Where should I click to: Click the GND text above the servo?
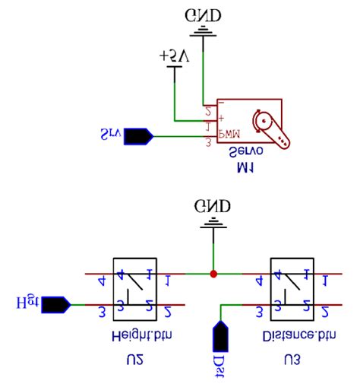pos(204,14)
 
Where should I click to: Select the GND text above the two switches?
pos(214,206)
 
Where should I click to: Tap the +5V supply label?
pos(175,56)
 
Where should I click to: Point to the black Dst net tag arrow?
pos(219,335)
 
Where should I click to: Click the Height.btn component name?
pos(134,335)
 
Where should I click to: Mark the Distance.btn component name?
pos(292,335)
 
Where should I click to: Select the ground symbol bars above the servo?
pos(204,31)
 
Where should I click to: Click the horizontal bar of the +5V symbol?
pos(175,68)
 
